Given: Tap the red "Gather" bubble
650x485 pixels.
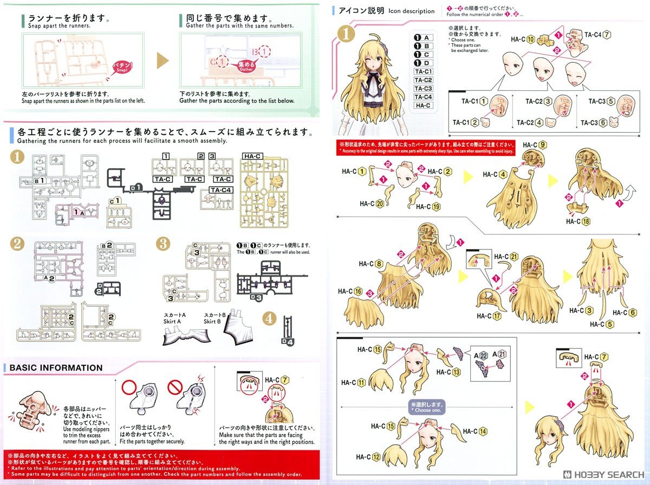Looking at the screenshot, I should [x=246, y=66].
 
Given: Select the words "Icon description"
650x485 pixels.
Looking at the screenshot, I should [x=411, y=11].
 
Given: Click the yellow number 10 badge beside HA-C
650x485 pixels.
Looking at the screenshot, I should [x=530, y=39].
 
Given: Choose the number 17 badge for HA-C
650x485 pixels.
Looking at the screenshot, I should [x=497, y=316].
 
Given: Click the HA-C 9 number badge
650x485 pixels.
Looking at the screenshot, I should [x=543, y=145].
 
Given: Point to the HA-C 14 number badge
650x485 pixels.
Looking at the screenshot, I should [x=483, y=431].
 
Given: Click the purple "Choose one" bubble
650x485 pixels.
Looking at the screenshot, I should [x=427, y=406].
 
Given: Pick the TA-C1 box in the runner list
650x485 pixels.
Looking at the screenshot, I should [x=423, y=71].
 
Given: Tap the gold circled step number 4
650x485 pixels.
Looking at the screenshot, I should [x=269, y=318].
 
